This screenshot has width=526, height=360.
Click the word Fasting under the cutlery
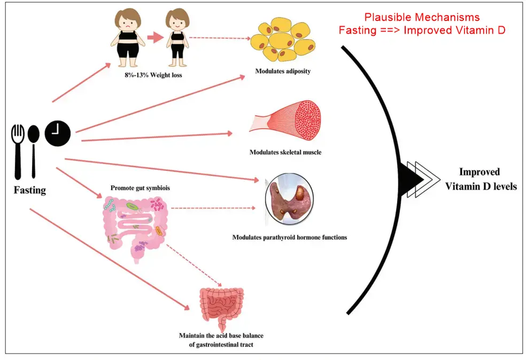point(29,190)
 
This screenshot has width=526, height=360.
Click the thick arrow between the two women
point(154,38)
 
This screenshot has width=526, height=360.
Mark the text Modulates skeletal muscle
point(285,152)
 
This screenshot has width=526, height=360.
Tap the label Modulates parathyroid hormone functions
point(289,237)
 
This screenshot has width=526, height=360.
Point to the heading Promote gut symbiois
point(136,188)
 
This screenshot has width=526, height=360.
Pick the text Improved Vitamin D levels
point(479,179)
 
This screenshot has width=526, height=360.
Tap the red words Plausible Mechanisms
point(422,17)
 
